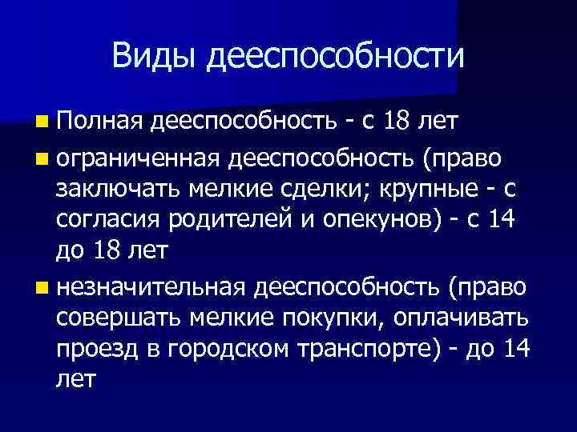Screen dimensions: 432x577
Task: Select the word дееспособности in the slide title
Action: pyautogui.click(x=335, y=57)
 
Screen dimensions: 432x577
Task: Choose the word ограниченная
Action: pyautogui.click(x=137, y=158)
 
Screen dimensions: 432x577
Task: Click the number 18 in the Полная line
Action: pyautogui.click(x=398, y=121)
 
